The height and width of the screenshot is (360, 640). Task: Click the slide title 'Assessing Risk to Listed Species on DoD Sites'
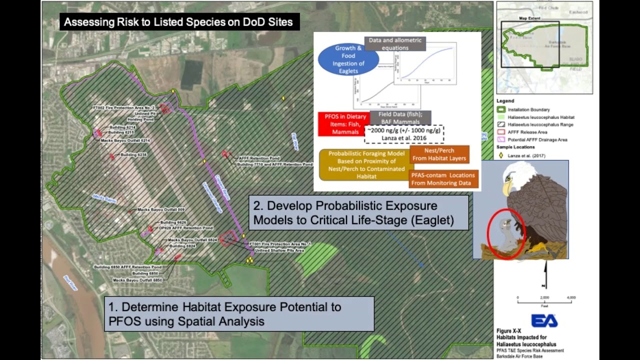tap(178, 22)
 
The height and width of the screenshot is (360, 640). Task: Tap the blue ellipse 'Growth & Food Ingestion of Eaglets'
tap(348, 59)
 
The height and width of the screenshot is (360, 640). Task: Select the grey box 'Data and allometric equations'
tap(395, 44)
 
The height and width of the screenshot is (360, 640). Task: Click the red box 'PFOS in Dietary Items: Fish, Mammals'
tap(342, 124)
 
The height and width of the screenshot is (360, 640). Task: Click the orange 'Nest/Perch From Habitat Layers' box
tap(439, 154)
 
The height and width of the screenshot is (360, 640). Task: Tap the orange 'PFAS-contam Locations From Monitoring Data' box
tap(443, 179)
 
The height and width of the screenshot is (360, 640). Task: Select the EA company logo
tap(544, 320)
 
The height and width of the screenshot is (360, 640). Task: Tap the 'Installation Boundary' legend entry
tap(528, 109)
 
